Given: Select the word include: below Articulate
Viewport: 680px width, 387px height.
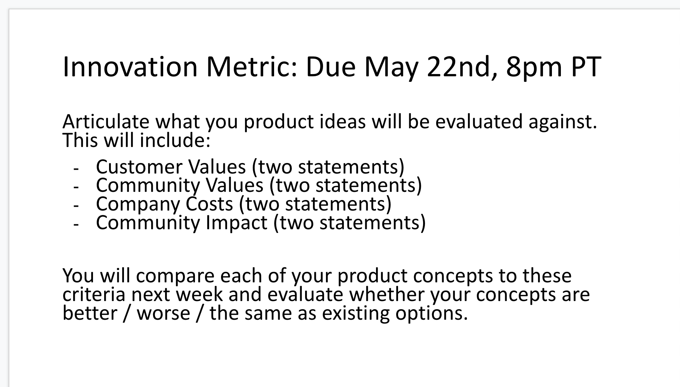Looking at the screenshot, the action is pos(175,140).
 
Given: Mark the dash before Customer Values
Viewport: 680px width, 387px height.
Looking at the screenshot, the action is pos(76,169).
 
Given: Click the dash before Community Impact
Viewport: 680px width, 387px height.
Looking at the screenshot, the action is pos(76,225).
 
